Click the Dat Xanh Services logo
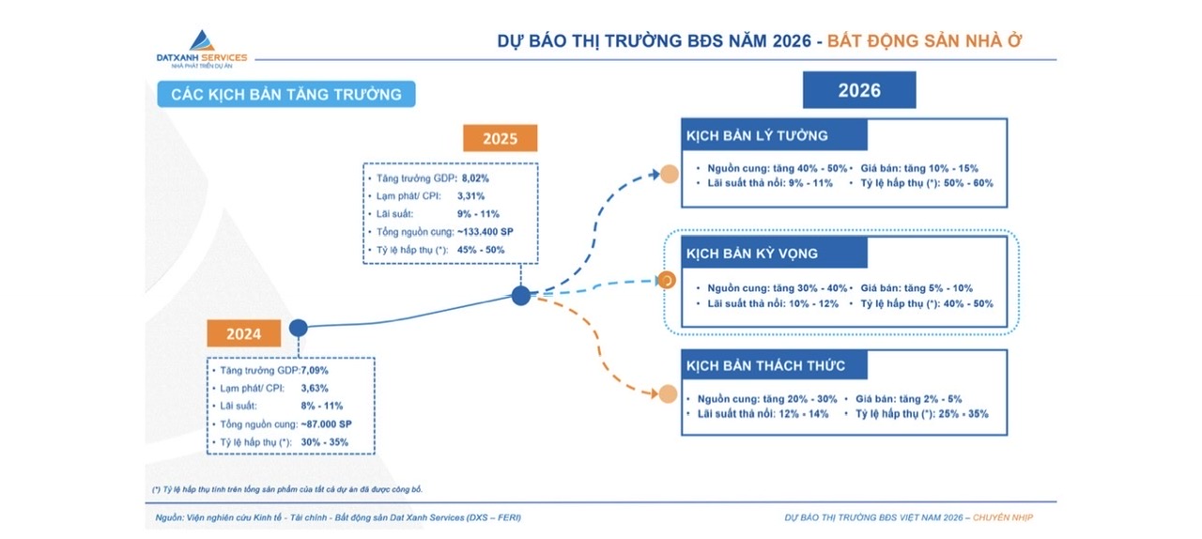click(x=202, y=50)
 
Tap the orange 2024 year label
click(x=243, y=333)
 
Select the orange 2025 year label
click(x=501, y=138)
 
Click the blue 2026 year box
click(x=859, y=89)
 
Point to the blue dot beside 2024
click(x=299, y=328)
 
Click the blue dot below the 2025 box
click(x=520, y=295)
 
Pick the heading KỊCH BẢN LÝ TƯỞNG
click(x=757, y=135)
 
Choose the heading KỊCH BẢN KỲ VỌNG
click(x=752, y=254)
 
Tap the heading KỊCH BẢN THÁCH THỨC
click(x=765, y=365)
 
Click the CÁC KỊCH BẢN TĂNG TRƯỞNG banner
click(x=286, y=94)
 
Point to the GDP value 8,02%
click(x=475, y=178)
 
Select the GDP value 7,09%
click(x=315, y=370)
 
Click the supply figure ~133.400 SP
click(x=485, y=232)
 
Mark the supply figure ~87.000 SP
click(x=326, y=424)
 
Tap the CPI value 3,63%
click(x=315, y=388)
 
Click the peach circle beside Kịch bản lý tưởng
click(x=670, y=174)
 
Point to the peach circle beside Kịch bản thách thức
click(x=668, y=393)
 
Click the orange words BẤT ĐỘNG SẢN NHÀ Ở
click(x=925, y=40)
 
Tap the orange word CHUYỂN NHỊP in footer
click(x=1002, y=517)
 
